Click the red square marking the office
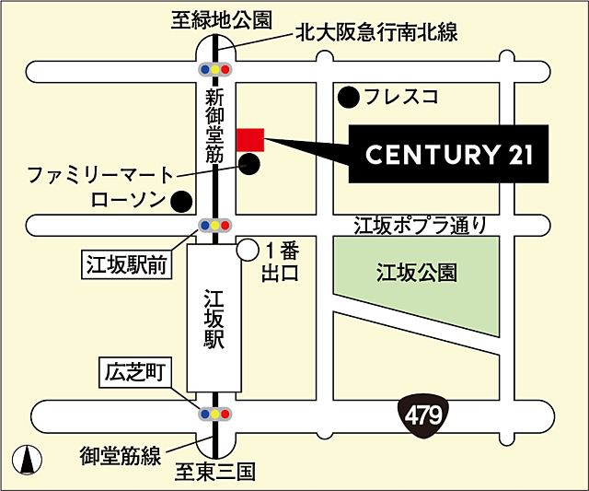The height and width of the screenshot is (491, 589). coord(250,139)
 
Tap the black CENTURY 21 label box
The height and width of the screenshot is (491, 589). coord(448,155)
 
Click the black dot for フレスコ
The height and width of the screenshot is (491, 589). coord(348,95)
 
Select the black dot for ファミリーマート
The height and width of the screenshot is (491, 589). coord(249,165)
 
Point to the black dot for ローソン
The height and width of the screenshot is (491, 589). coord(182,199)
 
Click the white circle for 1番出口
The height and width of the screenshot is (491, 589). coord(247,249)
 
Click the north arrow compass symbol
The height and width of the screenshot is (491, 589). coord(27,458)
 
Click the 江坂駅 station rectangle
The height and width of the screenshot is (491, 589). coord(214,317)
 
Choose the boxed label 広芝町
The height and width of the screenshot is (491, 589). coord(134,373)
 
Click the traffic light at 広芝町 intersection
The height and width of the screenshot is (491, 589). coord(214,415)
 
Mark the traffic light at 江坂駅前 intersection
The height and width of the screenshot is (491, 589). coord(214,225)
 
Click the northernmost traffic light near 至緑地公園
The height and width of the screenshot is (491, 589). coord(214,69)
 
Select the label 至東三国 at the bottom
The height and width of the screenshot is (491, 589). coord(214,473)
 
